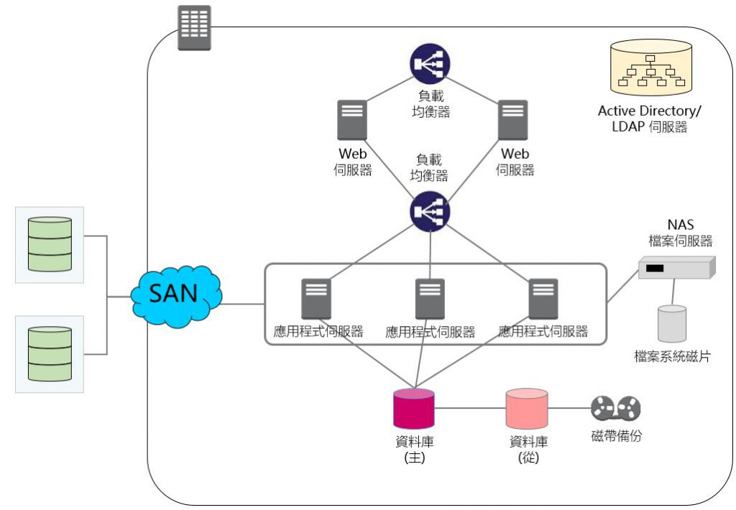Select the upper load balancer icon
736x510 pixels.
coord(430,63)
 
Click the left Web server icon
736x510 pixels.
coord(352,119)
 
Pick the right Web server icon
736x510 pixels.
coord(512,119)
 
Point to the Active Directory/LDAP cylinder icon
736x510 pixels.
coord(651,68)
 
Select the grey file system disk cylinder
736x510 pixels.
coord(672,323)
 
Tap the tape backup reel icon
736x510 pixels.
coord(615,409)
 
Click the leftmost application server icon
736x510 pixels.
coord(316,299)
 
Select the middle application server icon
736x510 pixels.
coord(430,299)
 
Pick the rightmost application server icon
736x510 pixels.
coord(543,299)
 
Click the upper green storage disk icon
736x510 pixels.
coord(50,244)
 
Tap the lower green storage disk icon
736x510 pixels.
coord(50,353)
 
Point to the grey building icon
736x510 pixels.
coord(194,27)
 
